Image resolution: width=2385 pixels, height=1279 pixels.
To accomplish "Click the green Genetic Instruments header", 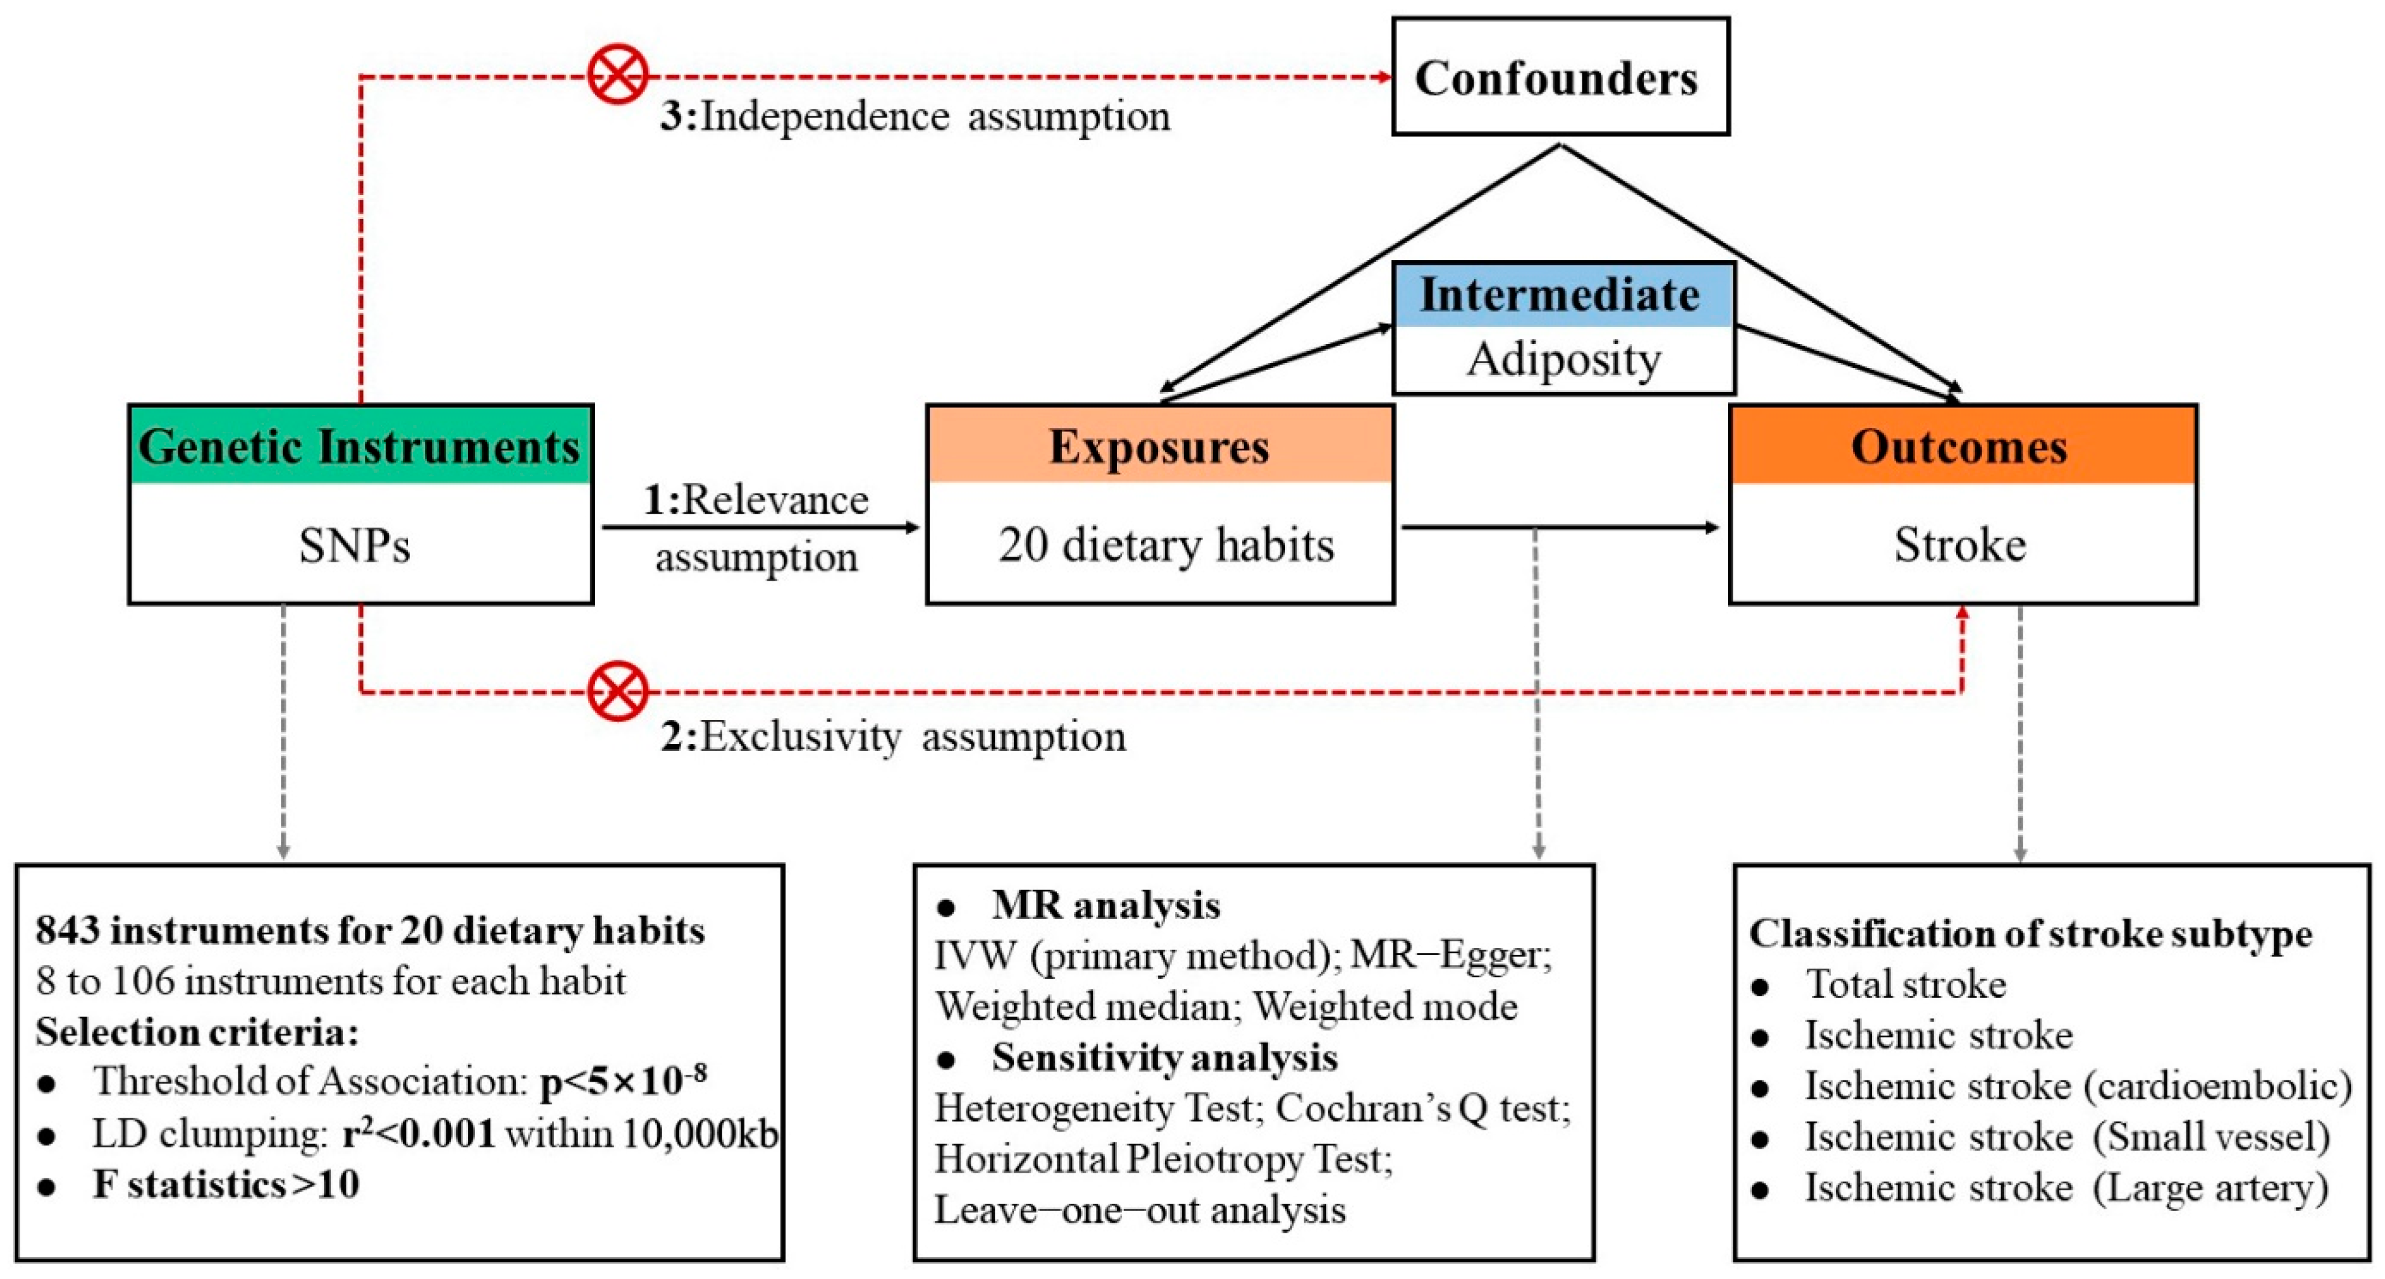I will click(359, 447).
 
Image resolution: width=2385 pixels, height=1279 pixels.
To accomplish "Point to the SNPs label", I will click(355, 545).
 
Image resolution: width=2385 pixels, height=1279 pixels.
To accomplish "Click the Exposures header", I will click(1159, 447).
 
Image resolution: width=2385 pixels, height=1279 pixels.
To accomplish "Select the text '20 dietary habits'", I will click(1166, 545).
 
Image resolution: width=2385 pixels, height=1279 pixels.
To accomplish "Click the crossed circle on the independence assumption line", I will click(617, 74).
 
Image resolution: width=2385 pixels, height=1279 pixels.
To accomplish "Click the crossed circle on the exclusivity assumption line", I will click(617, 691).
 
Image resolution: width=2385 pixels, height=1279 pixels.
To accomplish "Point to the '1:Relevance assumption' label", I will click(756, 528).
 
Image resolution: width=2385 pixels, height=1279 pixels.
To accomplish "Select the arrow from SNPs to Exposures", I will click(759, 528).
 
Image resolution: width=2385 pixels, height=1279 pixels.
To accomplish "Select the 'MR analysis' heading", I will click(1106, 905).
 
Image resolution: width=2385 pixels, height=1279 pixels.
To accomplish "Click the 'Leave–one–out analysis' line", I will click(1140, 1209).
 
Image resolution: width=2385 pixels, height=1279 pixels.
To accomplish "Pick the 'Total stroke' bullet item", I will click(1906, 984).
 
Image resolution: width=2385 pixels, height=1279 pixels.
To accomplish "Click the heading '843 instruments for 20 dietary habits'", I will click(371, 930).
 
